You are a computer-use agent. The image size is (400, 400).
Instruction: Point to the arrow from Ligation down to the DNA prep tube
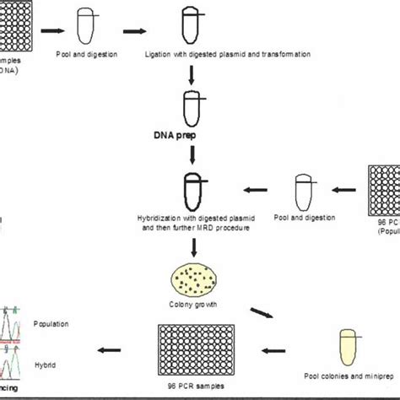click(x=193, y=74)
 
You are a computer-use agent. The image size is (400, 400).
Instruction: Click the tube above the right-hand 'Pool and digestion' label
click(x=302, y=189)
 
